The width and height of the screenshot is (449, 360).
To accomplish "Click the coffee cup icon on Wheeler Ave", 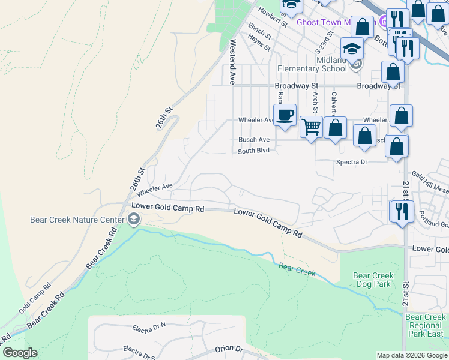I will click(x=285, y=114).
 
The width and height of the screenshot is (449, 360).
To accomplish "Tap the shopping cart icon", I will click(x=310, y=127).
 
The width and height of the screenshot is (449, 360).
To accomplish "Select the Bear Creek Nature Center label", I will click(x=73, y=220).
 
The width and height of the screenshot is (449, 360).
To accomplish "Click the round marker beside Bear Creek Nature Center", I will click(x=132, y=220).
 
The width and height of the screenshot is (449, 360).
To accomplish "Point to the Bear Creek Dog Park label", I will click(x=373, y=280).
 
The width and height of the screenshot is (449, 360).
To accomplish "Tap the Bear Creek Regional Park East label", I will click(x=425, y=325).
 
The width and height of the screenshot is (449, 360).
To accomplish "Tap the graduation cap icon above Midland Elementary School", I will click(x=352, y=48).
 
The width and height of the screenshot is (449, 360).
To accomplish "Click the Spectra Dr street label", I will click(x=352, y=162).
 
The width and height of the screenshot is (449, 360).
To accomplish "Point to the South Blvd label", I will click(x=253, y=151).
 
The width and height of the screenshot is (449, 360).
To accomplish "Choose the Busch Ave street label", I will click(x=253, y=140).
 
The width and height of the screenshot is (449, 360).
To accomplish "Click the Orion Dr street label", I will click(x=229, y=349).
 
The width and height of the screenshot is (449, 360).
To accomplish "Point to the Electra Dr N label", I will click(x=149, y=328).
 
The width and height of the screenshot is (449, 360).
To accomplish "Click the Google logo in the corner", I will click(x=20, y=353).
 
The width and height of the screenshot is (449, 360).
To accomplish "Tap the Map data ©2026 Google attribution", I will click(x=411, y=355).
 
